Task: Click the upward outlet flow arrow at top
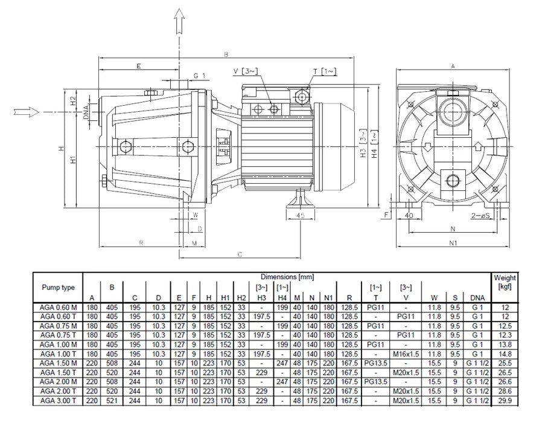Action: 179,24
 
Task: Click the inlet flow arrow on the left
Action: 25,112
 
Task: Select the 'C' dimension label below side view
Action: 240,254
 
